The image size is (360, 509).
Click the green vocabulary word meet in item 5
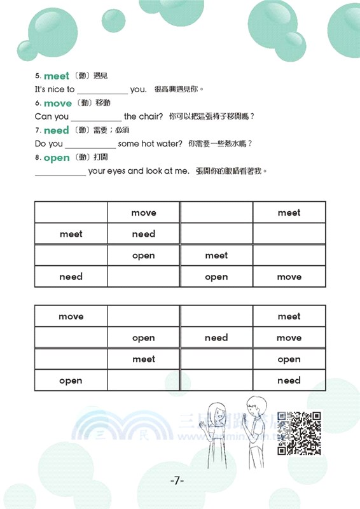tap(57, 76)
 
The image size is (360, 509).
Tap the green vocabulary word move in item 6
tap(58, 103)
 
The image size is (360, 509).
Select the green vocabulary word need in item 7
tap(57, 130)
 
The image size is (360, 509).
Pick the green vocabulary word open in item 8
tap(57, 158)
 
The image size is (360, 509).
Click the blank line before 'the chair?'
tap(96, 118)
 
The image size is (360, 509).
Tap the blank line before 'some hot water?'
tap(90, 145)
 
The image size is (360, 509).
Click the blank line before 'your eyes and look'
tap(60, 172)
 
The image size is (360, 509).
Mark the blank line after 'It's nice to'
tap(102, 90)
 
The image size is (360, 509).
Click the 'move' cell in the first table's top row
tap(143, 213)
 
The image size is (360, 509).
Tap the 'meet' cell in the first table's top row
tap(289, 213)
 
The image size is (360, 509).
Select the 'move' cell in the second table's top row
tap(71, 316)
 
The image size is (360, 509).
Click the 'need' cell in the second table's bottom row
tap(289, 380)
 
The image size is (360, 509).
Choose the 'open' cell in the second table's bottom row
tap(71, 380)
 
